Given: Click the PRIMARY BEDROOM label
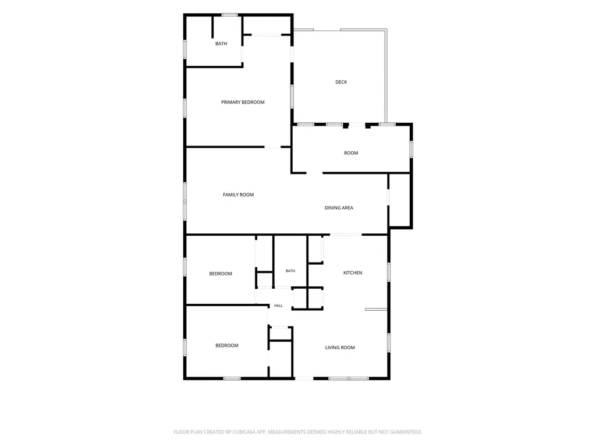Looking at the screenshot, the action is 243,102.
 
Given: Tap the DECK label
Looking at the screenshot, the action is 341,82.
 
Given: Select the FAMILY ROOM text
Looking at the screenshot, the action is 238,194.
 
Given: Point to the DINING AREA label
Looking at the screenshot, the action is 339,208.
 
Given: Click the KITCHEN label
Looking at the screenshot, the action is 353,273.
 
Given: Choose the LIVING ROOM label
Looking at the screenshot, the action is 340,347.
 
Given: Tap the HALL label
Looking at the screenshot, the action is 278,306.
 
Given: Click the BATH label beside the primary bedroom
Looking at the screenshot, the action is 221,44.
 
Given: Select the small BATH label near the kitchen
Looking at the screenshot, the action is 290,271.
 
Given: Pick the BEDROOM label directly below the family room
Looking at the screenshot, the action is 221,274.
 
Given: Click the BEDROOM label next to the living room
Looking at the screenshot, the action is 227,346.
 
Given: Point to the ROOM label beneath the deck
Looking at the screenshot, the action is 351,153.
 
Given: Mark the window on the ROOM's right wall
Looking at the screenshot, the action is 411,149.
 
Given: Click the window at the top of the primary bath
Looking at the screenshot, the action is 229,15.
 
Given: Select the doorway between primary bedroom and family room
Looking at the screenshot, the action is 272,147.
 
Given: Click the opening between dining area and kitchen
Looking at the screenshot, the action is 346,235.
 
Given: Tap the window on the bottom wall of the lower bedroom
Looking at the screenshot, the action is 232,378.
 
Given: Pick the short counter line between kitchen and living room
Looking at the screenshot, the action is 377,310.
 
